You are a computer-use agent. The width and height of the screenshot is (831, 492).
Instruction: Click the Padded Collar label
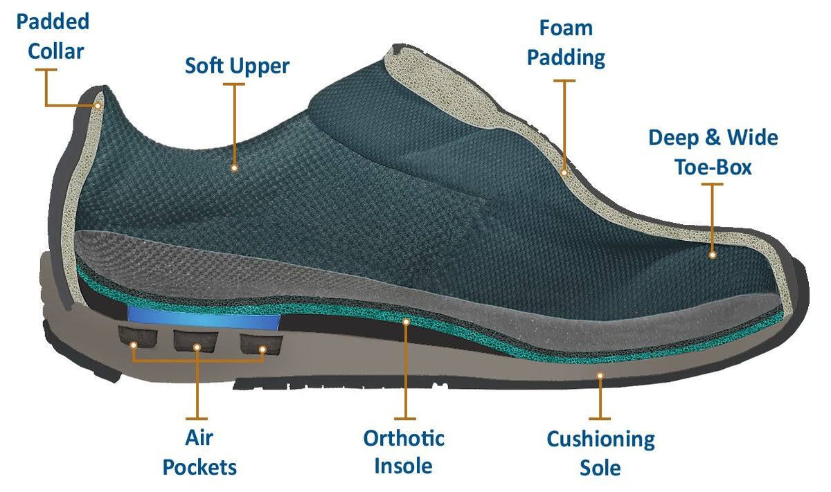(53, 37)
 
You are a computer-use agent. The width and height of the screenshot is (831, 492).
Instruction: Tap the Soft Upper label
(237, 66)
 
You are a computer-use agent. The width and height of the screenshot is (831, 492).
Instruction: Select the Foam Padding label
(566, 44)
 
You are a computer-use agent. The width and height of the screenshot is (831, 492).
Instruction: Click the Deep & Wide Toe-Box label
(713, 152)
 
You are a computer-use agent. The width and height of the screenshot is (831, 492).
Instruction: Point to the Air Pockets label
(199, 453)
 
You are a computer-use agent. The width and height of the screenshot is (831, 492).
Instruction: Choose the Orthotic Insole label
(404, 452)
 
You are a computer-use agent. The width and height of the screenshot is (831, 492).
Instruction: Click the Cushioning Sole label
(600, 453)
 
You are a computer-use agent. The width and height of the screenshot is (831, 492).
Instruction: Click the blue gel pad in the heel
(204, 318)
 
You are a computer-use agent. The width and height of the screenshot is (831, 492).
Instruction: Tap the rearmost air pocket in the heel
(138, 336)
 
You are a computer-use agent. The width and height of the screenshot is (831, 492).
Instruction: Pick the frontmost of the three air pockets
(261, 344)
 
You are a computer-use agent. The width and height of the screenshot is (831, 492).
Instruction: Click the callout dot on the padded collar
(98, 106)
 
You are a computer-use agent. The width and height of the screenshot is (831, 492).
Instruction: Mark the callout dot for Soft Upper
(234, 168)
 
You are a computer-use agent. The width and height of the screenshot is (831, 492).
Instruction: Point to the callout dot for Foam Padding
(564, 173)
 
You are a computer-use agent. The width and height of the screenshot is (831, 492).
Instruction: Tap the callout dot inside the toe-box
(713, 255)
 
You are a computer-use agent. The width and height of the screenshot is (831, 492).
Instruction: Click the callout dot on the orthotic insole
(406, 322)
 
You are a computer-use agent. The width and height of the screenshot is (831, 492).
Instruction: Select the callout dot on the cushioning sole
(600, 376)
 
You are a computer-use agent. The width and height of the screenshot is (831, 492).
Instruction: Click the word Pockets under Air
(199, 467)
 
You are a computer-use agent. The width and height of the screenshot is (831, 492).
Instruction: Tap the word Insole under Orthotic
(403, 466)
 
